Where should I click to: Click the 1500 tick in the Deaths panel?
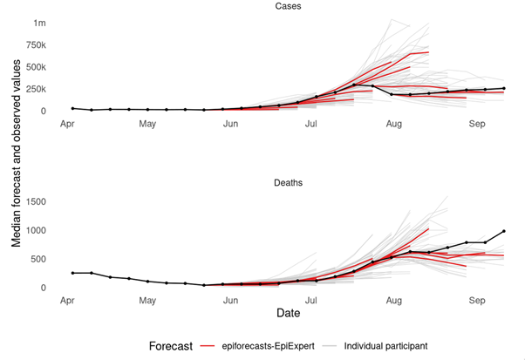[x=36, y=201]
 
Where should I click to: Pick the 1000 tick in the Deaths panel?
[x=36, y=230]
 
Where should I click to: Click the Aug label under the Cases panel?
[x=393, y=124]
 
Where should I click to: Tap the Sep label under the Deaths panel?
[x=476, y=300]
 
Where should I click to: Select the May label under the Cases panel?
[x=147, y=124]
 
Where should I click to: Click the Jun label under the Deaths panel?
[x=230, y=300]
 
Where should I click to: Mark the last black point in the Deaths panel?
[x=503, y=231]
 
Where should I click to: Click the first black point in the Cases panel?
[x=72, y=108]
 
